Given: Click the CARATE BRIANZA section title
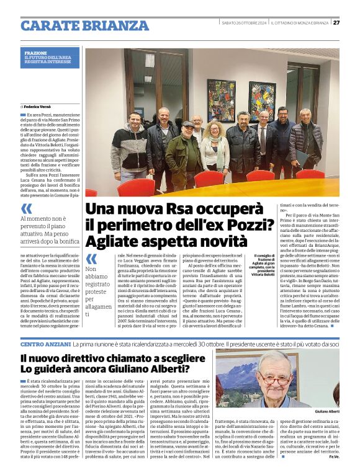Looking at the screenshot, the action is [84, 25].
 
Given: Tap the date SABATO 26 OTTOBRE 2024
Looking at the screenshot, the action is [244, 22].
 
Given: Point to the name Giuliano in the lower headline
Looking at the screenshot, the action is [124, 370].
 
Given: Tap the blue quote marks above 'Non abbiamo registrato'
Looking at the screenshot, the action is [91, 259].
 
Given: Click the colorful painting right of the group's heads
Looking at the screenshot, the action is [261, 99].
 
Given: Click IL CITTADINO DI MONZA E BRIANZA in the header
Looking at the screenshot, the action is [299, 22].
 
